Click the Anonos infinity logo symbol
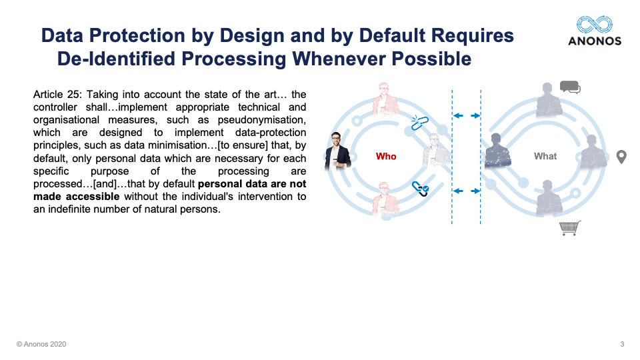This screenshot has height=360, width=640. (x=594, y=25)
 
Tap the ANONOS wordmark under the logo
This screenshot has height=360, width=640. (x=595, y=41)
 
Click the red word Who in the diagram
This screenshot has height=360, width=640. (x=386, y=156)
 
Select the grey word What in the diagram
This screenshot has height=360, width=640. (x=545, y=156)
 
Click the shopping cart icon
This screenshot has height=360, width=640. (x=570, y=228)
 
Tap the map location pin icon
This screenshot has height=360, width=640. (x=621, y=157)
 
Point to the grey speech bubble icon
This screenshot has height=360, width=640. (x=570, y=87)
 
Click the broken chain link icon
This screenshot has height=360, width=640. (x=419, y=123)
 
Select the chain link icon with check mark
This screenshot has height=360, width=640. (x=420, y=188)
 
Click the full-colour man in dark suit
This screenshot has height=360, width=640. (x=337, y=151)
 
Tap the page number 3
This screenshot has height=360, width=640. (x=622, y=344)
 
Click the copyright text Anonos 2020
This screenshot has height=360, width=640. (x=41, y=344)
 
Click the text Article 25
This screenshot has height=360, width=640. (x=57, y=95)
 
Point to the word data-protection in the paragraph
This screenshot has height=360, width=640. (x=271, y=133)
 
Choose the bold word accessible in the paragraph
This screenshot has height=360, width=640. (x=93, y=196)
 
